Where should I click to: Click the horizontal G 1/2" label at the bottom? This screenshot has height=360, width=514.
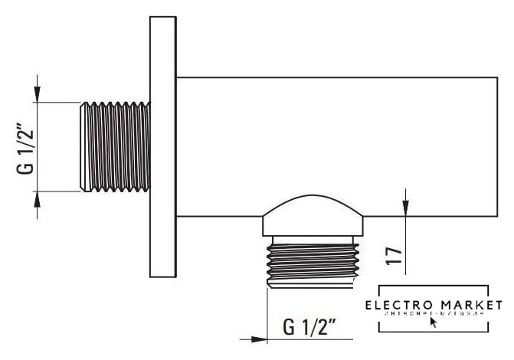[310, 330]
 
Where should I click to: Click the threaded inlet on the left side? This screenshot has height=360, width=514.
[115, 147]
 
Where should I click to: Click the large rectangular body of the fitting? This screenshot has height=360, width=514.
[329, 146]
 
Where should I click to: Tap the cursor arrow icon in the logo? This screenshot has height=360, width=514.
[434, 322]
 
